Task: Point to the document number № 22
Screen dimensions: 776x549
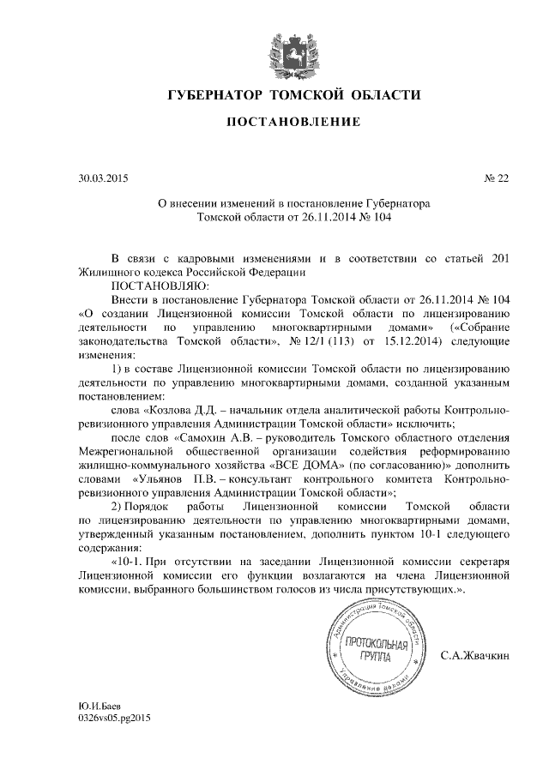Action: point(497,178)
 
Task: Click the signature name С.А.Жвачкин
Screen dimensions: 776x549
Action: point(474,657)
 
